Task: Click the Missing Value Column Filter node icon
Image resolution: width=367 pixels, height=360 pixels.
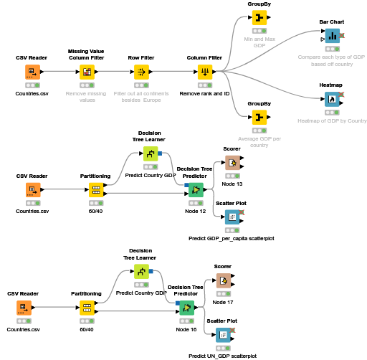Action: tap(86, 72)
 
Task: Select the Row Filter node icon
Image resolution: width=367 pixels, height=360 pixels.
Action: tap(142, 72)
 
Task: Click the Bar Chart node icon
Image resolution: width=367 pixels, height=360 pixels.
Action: tap(332, 36)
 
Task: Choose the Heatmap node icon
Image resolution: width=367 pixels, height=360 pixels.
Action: tap(332, 99)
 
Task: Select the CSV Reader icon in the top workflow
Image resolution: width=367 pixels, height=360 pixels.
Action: tap(32, 72)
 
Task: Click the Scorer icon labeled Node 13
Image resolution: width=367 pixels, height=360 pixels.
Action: tap(232, 163)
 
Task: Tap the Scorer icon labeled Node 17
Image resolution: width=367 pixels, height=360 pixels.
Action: tap(223, 280)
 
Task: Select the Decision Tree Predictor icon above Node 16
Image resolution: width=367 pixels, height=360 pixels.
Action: tap(186, 308)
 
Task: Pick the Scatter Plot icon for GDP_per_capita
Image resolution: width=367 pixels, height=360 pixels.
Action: tap(232, 217)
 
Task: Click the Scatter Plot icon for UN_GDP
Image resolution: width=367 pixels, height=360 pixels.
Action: tap(223, 334)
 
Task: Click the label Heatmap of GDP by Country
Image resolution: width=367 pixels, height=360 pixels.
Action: tap(332, 120)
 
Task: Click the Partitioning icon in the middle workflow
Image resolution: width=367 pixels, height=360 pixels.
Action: tap(95, 190)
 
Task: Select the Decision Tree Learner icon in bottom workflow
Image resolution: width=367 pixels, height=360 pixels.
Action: tap(142, 272)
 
